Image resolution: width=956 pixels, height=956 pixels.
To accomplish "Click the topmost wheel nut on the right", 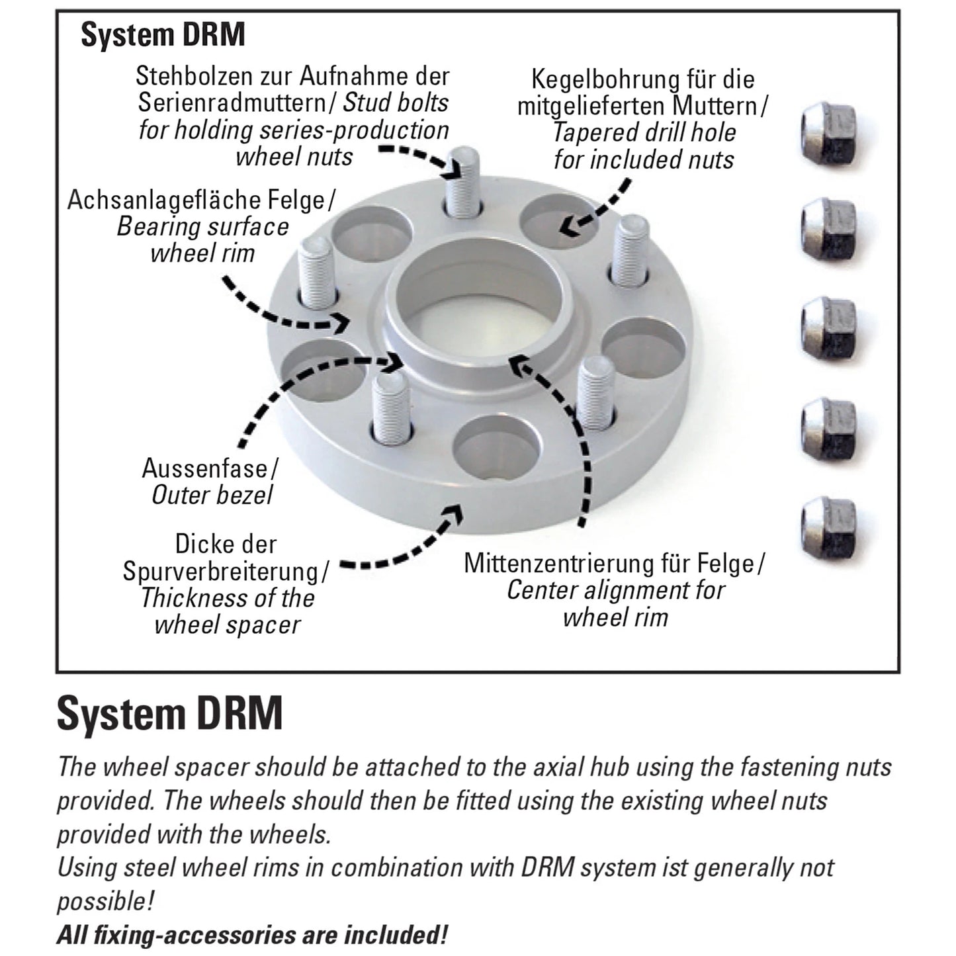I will [828, 133].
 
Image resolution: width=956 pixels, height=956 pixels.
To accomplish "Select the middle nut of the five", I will [828, 328].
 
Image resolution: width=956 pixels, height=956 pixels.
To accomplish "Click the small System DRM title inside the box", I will [163, 34].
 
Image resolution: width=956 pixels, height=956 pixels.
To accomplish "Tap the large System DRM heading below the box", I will [170, 713].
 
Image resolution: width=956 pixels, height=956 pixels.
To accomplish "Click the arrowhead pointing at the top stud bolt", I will [453, 170].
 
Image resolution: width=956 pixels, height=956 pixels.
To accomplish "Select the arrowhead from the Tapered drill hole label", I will [566, 226].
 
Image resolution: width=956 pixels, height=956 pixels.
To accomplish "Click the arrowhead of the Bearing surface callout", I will [342, 324].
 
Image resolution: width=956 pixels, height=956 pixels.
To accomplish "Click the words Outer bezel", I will [212, 495].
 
